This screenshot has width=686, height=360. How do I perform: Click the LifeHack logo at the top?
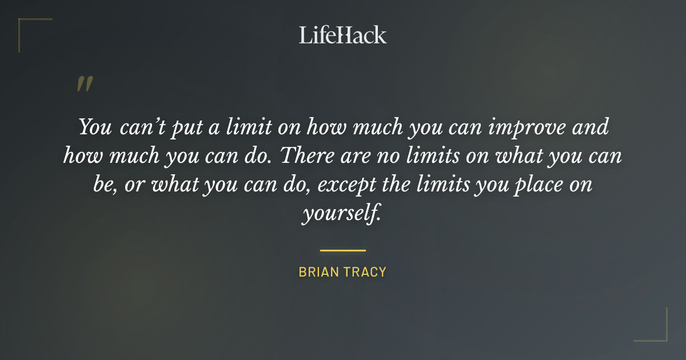click(342, 35)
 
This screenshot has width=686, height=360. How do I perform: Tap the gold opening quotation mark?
click(85, 84)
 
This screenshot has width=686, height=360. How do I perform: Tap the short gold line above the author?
click(342, 250)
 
